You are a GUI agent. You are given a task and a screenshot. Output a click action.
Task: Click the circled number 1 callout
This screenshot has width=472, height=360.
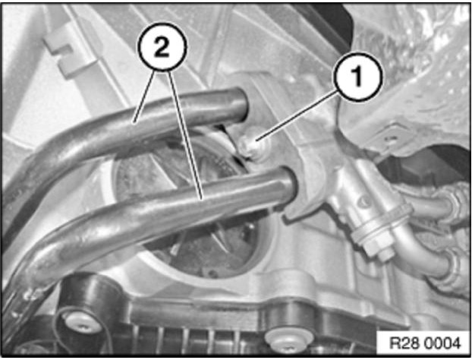pos(358,77)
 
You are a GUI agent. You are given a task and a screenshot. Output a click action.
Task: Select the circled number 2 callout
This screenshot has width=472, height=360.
pos(162,47)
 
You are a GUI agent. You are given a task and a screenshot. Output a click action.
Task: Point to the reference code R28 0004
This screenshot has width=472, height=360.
pos(425,343)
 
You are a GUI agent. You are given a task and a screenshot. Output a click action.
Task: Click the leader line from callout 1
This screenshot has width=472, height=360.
pos(297,116)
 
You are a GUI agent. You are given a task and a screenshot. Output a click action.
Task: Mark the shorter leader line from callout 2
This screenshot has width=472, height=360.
pos(145,96)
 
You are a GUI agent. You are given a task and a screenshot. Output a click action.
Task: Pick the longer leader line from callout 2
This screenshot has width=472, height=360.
pos(185,135)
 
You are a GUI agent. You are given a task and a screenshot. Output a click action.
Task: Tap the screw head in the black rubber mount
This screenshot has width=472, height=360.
pos(82,324)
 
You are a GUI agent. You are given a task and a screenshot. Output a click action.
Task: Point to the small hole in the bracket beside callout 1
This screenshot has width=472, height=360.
pos(390,139)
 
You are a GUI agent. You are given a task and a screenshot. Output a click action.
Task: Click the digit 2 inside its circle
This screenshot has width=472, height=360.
pos(162,47)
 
